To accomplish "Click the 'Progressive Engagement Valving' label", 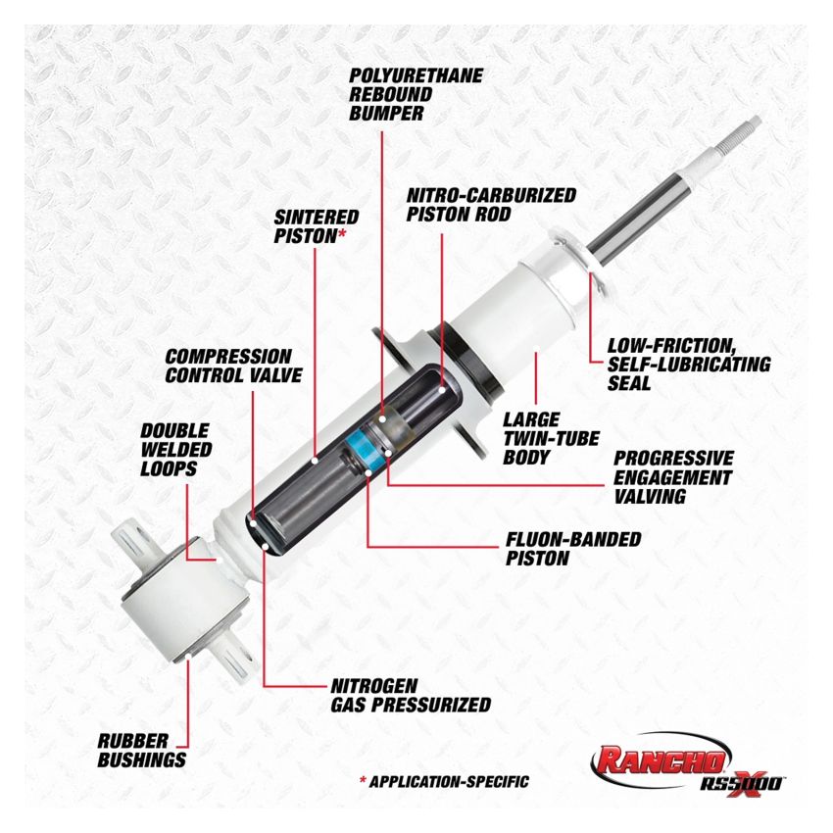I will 672,477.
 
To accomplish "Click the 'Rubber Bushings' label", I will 141,750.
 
